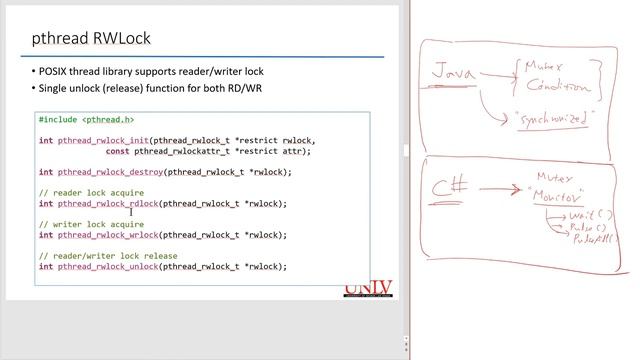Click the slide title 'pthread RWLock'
point(92,40)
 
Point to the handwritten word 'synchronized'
point(555,119)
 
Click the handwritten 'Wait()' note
point(590,215)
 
